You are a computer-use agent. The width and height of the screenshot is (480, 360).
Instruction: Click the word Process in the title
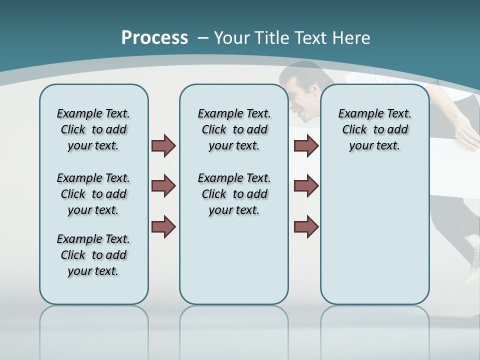tap(154, 37)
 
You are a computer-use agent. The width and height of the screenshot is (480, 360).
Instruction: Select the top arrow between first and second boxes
tap(163, 146)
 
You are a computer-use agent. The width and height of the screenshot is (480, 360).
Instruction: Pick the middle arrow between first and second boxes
tap(163, 186)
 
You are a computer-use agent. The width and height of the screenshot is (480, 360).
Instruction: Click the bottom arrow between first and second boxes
tap(163, 226)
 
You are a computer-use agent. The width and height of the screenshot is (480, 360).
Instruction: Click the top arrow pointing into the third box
tap(306, 146)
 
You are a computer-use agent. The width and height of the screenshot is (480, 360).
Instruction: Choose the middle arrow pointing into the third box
tap(306, 186)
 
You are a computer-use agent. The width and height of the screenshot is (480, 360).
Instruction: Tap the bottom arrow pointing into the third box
tap(306, 226)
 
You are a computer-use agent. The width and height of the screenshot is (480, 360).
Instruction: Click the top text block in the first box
tap(93, 129)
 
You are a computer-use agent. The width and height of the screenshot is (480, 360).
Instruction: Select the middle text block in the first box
tap(93, 194)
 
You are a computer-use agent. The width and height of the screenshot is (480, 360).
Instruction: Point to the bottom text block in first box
tap(93, 255)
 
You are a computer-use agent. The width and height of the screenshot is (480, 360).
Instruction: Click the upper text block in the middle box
tap(234, 129)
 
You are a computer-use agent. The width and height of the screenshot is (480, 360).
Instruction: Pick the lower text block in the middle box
tap(234, 194)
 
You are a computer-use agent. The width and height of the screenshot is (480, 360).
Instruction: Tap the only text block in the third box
tap(374, 129)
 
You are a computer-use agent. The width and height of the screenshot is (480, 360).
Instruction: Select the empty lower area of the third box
tap(374, 235)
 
